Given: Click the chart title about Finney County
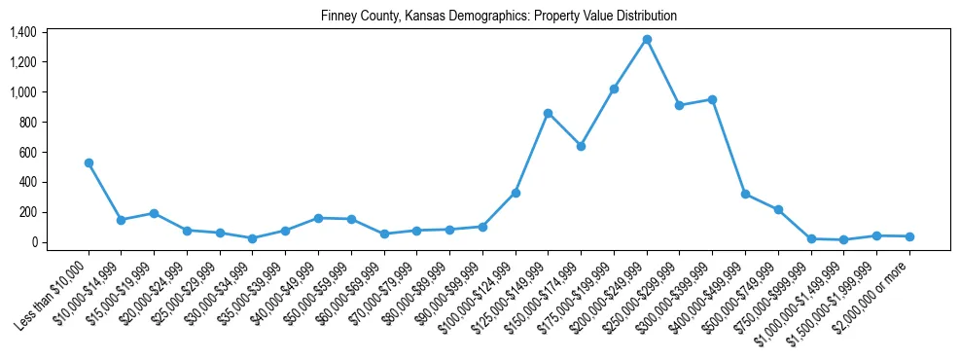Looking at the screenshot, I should (x=498, y=17).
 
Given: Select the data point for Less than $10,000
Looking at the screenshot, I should (x=89, y=162).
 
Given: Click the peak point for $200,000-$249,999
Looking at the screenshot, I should (x=647, y=40).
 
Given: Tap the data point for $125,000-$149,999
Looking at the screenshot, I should (x=549, y=113).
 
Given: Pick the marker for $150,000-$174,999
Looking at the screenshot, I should (x=581, y=146).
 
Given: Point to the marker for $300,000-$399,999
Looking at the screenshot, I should (x=713, y=99).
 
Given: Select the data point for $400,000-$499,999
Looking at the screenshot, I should (x=745, y=194).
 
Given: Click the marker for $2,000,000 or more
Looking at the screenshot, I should (x=909, y=236).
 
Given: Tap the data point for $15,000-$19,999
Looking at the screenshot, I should (x=154, y=213).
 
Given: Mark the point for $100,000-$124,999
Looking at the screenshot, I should (x=516, y=193).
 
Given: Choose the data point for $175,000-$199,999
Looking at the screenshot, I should (x=614, y=89).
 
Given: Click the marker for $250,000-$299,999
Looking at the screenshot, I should (x=680, y=105).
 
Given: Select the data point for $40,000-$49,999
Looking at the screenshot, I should (x=318, y=218).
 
